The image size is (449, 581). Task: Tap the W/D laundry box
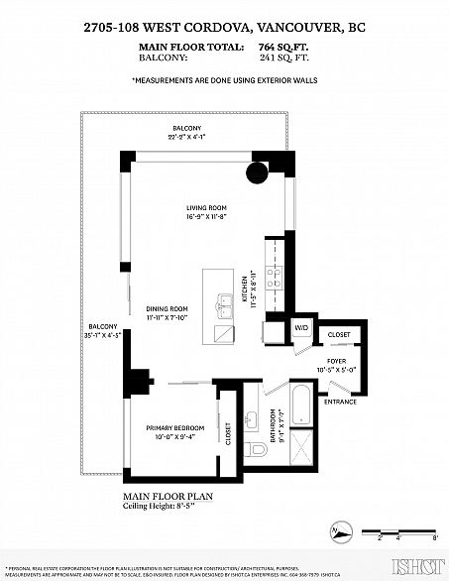[300, 328]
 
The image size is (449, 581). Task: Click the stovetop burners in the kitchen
[279, 278]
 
